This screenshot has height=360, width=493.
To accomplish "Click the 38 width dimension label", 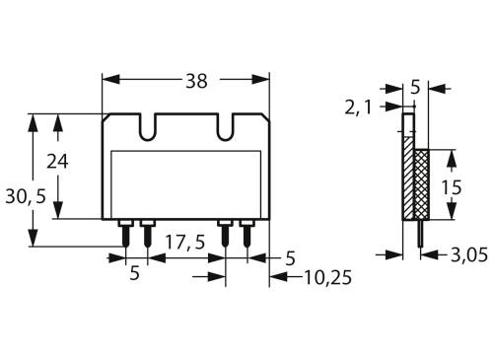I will pyautogui.click(x=197, y=82).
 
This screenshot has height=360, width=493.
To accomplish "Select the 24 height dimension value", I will pyautogui.click(x=57, y=163).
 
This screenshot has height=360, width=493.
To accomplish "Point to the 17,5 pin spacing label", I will pyautogui.click(x=185, y=242).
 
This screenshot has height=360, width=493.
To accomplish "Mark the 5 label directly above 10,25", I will pyautogui.click(x=290, y=258).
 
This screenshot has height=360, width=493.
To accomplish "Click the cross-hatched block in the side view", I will pyautogui.click(x=421, y=183).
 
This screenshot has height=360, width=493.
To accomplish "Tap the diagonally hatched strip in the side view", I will pyautogui.click(x=407, y=178).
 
